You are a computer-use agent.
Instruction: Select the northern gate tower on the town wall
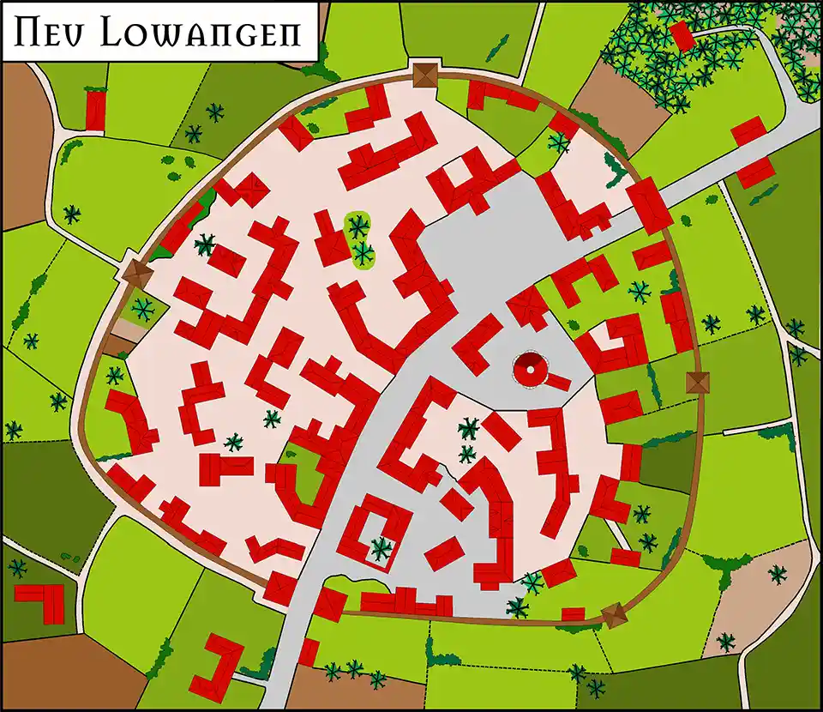424,74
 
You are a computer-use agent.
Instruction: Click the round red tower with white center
528,371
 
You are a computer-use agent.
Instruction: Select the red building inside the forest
682,35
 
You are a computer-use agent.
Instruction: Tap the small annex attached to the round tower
556,380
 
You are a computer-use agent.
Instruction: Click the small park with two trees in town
359,240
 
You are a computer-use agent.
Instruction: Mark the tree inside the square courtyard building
381,546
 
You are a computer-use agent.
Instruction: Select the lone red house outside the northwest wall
95,111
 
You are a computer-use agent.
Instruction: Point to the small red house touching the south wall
573,613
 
